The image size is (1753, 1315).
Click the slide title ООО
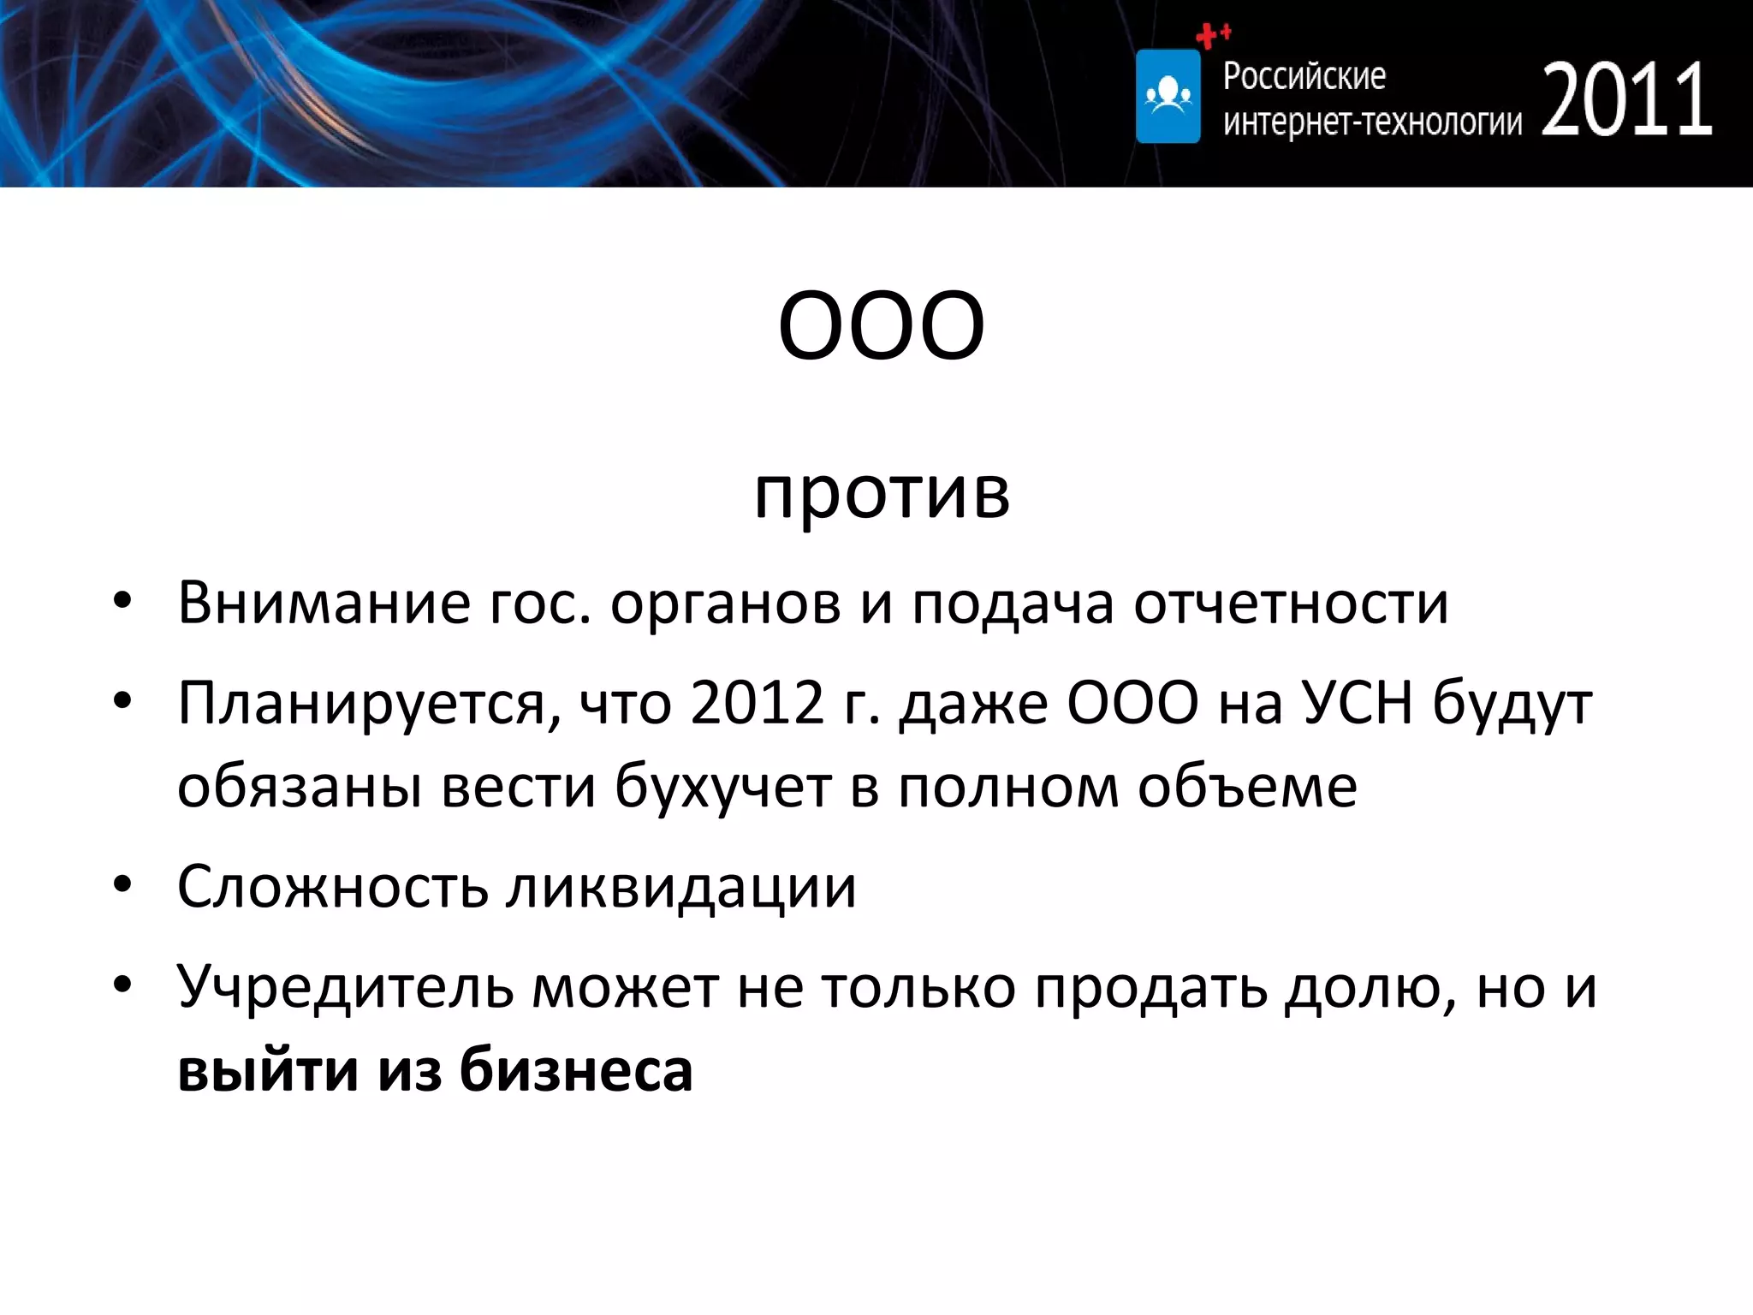(x=881, y=326)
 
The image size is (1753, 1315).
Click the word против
(x=882, y=494)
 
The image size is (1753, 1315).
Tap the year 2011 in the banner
(x=1627, y=100)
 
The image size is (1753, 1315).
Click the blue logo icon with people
(x=1168, y=96)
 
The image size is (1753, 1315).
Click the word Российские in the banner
(x=1304, y=76)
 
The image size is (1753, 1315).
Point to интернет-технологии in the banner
(x=1372, y=122)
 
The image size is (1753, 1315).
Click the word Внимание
(x=324, y=603)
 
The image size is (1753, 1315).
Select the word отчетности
(x=1291, y=603)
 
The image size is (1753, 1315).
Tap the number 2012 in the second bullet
(x=757, y=703)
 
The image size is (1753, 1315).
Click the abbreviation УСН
(x=1358, y=703)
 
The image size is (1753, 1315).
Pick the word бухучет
(x=722, y=786)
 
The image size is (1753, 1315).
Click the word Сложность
(x=332, y=886)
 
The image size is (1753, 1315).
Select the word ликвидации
(x=680, y=886)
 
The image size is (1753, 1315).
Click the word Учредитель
(x=345, y=987)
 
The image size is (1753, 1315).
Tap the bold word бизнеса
(x=575, y=1070)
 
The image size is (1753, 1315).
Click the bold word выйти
(x=268, y=1070)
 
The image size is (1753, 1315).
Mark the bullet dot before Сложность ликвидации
(x=122, y=885)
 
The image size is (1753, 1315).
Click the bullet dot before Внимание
(x=122, y=602)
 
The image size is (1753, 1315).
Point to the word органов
(x=725, y=603)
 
